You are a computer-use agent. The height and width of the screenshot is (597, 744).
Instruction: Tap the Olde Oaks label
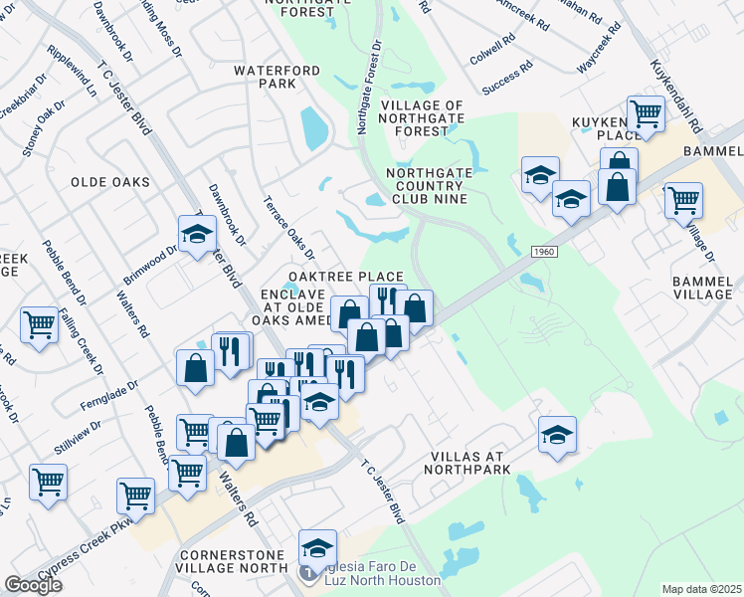110,183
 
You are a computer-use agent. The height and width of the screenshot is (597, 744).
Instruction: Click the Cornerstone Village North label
234,562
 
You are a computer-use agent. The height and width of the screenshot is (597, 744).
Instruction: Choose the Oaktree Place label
346,277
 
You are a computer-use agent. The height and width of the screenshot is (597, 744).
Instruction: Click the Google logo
33,585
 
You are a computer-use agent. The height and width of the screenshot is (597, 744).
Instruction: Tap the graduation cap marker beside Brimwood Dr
197,235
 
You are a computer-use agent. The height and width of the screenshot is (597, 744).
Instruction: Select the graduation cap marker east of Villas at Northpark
558,435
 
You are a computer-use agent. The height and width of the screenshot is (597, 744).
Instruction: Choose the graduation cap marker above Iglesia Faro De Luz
317,548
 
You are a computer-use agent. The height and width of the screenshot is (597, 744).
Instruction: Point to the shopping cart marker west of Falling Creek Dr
38,323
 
